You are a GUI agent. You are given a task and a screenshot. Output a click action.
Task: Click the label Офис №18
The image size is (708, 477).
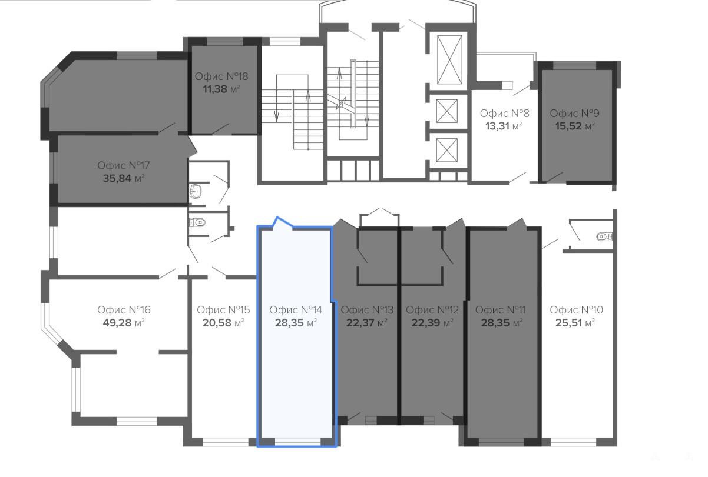pos(221,76)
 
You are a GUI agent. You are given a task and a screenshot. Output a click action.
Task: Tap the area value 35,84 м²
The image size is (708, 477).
pos(124,178)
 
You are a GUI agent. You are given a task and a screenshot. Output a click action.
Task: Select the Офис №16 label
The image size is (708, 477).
pos(124,310)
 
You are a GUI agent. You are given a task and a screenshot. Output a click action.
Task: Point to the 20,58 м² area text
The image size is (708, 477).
pos(223,323)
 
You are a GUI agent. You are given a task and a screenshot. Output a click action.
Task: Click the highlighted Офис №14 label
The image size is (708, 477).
pos(296,310)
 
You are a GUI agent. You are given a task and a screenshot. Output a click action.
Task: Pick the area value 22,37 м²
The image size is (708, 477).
pos(367,323)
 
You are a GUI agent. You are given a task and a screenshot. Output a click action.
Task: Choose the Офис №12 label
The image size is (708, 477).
pos(432,310)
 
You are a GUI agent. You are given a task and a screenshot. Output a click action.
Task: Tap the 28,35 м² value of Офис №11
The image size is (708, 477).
pos(502,323)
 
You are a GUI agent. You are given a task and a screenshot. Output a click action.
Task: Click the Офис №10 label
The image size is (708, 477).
pos(576,310)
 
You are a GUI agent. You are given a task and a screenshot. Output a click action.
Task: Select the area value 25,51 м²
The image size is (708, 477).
pos(575,323)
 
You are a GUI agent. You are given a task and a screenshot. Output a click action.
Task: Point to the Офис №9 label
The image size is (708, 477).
pos(575,113)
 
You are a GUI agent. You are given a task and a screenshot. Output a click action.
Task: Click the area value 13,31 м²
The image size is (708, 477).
pos(504,126)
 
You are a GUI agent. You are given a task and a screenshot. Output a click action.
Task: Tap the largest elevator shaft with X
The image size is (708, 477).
pos(449,59)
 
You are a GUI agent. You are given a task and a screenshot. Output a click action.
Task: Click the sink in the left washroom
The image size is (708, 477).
pos(196,191)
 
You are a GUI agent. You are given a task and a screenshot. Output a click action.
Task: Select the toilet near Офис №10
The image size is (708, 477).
pos(604,236)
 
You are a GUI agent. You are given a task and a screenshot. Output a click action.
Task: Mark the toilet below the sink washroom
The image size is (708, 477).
pos(197,222)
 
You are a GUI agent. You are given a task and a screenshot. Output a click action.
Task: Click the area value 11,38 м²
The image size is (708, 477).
pos(221,89)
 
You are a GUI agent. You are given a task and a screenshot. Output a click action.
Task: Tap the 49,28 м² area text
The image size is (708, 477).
pos(124,323)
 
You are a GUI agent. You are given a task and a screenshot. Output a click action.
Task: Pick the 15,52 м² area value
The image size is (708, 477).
pos(575,126)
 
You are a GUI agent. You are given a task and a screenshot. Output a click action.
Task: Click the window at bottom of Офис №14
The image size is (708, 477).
pos(297,442)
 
